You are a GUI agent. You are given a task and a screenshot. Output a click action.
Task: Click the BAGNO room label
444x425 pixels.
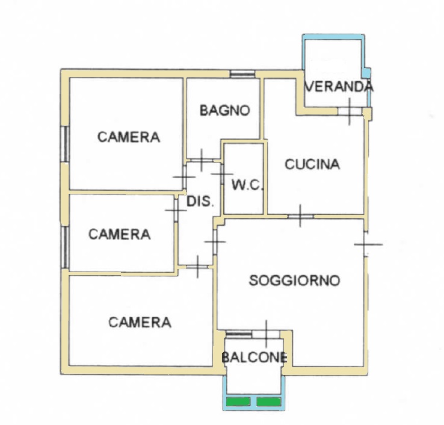point(225,111)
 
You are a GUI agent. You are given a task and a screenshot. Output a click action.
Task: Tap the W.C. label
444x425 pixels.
point(248,185)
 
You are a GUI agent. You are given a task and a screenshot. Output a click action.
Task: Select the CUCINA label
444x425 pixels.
point(312,164)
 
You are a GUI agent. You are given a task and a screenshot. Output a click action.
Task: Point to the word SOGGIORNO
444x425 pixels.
point(294,281)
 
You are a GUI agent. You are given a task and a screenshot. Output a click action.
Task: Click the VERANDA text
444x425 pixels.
point(339,87)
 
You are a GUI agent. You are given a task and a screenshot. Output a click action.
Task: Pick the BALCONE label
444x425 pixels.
point(254,358)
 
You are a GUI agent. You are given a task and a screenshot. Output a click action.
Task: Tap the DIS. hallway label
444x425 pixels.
point(200,202)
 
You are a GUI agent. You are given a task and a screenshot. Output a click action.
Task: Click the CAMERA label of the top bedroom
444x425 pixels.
point(129,137)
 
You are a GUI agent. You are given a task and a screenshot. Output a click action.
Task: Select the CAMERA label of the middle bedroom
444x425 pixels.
point(120,234)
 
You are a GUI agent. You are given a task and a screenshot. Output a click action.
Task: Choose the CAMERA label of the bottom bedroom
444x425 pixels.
point(140,323)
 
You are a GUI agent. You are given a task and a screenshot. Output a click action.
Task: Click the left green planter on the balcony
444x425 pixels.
point(238,402)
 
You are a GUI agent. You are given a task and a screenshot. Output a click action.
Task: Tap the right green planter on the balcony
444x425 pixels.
point(268,402)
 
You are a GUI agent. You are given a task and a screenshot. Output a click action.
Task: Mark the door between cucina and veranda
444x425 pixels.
point(350,111)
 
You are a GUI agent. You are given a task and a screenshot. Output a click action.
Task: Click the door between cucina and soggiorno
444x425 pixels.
point(300,217)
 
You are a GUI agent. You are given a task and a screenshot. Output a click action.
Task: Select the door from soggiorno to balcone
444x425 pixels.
point(266,334)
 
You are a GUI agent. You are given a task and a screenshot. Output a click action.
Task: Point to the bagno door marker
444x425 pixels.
point(202,160)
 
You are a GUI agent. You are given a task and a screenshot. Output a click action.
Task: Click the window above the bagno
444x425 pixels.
point(242,74)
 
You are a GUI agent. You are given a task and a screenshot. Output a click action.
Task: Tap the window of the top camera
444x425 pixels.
point(65,144)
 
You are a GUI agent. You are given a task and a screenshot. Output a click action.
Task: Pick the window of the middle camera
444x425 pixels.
point(65,247)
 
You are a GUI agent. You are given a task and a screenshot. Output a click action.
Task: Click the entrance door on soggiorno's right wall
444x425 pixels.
point(367,244)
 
